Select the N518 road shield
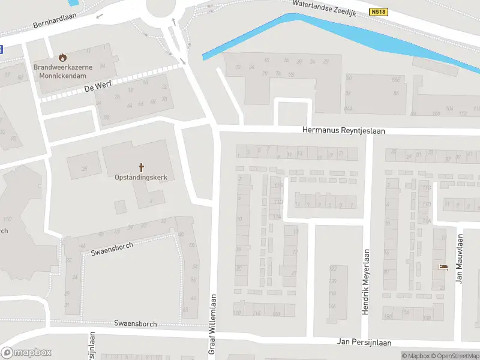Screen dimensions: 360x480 (379, 12)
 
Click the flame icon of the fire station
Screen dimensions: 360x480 (62, 58)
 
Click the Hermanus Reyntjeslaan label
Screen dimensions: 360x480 (344, 130)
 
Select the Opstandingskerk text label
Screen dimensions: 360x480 (141, 178)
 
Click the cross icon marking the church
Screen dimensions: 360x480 (142, 167)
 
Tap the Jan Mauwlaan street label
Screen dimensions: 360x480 (459, 259)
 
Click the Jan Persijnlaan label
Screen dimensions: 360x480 (364, 343)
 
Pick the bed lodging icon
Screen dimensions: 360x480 (443, 267)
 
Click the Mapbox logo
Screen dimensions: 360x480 (26, 353)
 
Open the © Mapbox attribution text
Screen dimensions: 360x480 (415, 356)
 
